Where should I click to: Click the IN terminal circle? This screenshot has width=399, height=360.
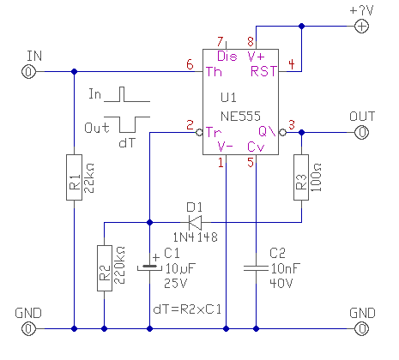click(28, 71)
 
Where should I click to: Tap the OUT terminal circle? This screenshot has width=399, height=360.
click(362, 132)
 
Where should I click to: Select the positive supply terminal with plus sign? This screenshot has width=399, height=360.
click(362, 27)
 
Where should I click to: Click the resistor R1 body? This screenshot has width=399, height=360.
click(74, 177)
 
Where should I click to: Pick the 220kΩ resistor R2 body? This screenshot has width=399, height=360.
click(105, 268)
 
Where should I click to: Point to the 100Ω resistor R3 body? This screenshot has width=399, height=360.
click(301, 177)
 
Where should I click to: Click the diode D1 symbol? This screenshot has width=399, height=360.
click(195, 222)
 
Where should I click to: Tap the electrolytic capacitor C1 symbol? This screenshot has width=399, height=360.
click(149, 267)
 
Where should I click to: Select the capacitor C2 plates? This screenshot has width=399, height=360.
click(256, 268)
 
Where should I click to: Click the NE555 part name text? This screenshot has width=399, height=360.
click(240, 117)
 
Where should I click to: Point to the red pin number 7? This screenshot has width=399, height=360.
click(220, 42)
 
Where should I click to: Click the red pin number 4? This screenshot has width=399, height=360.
click(292, 64)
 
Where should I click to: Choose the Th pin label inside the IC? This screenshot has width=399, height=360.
click(214, 72)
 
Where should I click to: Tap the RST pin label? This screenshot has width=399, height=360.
click(263, 71)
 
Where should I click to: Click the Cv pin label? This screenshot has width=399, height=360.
click(256, 147)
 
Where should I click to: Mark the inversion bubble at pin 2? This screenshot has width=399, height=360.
click(199, 132)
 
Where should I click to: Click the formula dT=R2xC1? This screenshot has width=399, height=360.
click(187, 309)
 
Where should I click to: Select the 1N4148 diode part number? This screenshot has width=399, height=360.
click(195, 237)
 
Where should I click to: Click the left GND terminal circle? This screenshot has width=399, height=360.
click(28, 329)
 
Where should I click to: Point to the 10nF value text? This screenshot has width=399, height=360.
click(286, 268)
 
